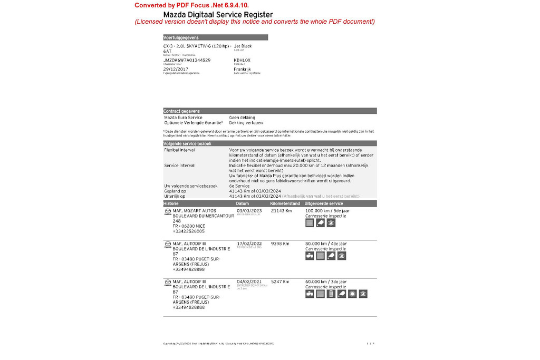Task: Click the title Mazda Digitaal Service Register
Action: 218,15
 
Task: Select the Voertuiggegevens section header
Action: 181,37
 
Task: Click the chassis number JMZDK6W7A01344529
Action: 187,60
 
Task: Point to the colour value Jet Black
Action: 243,46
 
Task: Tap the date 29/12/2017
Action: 176,69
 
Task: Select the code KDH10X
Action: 242,60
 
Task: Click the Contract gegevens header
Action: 181,111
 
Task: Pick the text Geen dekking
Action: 242,118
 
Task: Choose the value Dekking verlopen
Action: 246,123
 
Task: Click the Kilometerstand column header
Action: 285,203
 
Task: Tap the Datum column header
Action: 243,203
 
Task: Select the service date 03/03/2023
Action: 249,210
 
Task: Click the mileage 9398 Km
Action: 280,244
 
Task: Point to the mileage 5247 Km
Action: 280,281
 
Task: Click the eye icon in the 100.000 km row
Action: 331,223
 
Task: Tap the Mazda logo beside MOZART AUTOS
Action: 168,211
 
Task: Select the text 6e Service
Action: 239,186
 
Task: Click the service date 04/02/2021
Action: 249,281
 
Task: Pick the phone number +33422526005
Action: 188,231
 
